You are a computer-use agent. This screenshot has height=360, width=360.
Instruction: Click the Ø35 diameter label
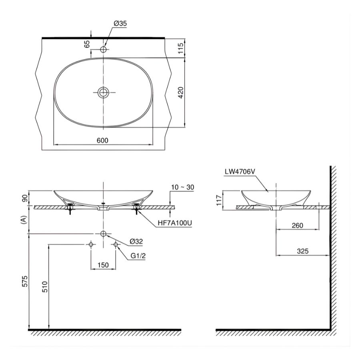click(120, 24)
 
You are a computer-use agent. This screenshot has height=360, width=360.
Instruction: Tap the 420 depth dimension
click(180, 93)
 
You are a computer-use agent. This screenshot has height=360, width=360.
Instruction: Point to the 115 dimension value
click(180, 48)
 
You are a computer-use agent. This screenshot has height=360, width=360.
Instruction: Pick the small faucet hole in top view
click(104, 50)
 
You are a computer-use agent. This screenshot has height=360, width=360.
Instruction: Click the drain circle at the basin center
click(104, 92)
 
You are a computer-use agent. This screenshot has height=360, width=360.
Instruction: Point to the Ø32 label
click(136, 241)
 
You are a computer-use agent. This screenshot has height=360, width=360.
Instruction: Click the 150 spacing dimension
click(103, 264)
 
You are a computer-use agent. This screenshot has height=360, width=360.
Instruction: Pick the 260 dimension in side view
click(297, 225)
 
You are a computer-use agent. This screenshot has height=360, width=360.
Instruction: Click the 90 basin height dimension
click(24, 198)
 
